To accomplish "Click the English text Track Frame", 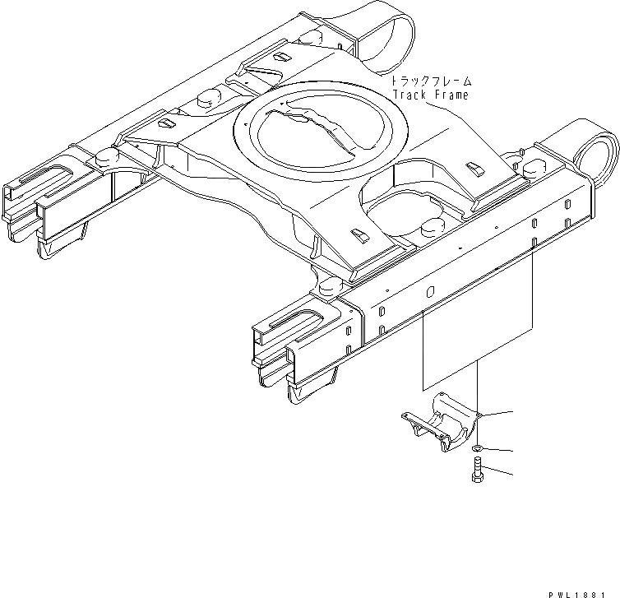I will (x=429, y=95).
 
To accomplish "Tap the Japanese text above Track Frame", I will (x=431, y=81).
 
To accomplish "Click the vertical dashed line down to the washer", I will (x=478, y=387).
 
